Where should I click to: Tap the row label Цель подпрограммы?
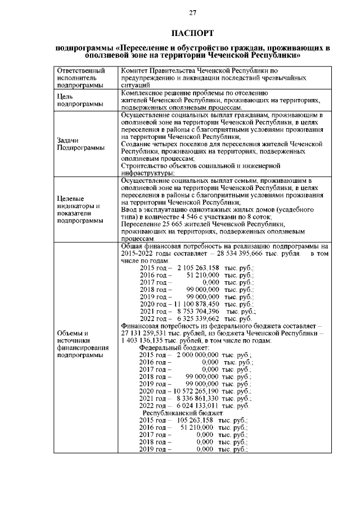click(x=76, y=100)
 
